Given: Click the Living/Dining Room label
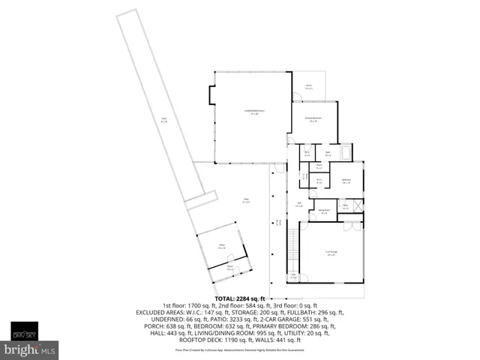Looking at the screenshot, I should (x=251, y=112).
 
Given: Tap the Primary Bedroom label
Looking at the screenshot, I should (x=311, y=120).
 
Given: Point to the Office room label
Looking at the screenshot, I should (x=222, y=246).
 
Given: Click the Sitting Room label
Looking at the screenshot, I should (x=324, y=211).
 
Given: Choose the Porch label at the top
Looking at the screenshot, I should (x=307, y=86).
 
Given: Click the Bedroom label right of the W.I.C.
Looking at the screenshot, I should (x=346, y=181).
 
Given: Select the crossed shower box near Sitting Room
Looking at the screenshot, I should (x=358, y=205).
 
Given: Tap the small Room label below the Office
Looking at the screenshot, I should (x=230, y=267).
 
